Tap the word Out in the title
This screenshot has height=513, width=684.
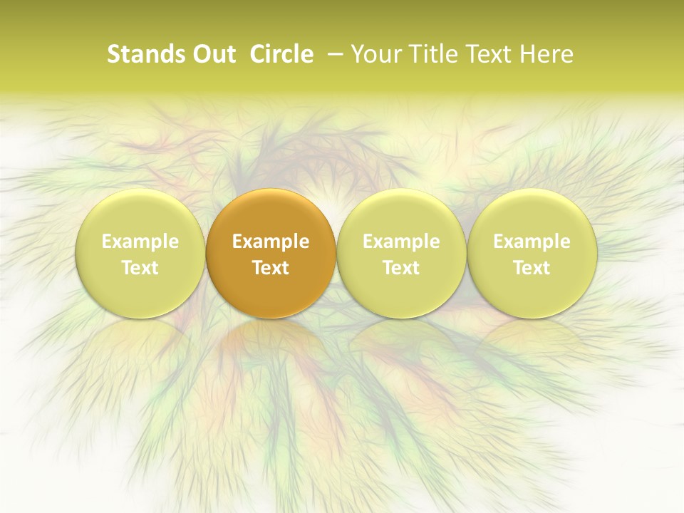pos(212,54)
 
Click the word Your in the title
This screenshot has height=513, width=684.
pos(374,54)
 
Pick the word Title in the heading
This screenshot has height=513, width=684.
pos(427,54)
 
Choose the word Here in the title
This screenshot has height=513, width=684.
pos(546,54)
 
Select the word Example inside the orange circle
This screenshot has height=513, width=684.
pos(271,242)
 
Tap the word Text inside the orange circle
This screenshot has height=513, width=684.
pos(271,268)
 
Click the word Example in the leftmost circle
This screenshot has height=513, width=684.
pos(140,242)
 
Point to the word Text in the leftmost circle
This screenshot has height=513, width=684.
pos(140,268)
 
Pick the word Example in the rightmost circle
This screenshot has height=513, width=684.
pos(532,242)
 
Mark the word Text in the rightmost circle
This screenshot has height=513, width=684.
pos(532,268)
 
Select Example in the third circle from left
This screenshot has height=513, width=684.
pos(401,242)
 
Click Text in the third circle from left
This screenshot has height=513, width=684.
pos(401,268)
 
